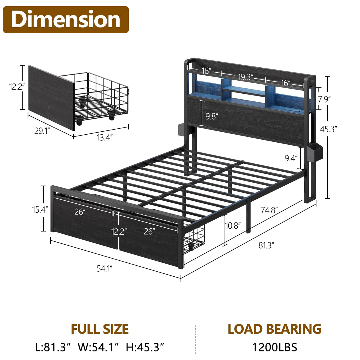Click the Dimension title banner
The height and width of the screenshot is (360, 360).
tap(66, 20)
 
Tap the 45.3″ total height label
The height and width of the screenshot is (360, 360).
tap(328, 129)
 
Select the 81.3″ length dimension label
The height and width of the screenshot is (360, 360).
tap(266, 245)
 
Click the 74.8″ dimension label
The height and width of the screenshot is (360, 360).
tap(269, 210)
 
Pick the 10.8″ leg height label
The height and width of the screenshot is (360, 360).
tap(233, 226)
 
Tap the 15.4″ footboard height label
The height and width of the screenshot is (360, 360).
tap(40, 210)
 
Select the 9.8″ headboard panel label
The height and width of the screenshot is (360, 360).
tap(212, 116)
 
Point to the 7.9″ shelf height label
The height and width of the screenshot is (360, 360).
tap(324, 99)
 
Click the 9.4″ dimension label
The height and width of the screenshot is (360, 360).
tap(291, 158)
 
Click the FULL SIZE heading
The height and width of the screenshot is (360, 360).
tap(100, 329)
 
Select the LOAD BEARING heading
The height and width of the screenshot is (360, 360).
tap(274, 329)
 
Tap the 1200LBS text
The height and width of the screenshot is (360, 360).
tap(274, 347)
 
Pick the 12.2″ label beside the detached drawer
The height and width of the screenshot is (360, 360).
tap(17, 87)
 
